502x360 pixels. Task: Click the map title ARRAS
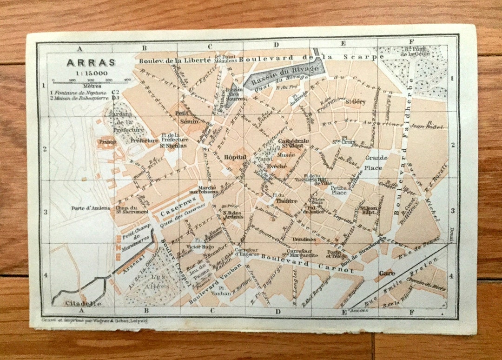[84, 62]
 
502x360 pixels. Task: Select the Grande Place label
[376, 162]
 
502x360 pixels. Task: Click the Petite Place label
[339, 190]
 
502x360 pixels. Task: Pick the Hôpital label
[235, 157]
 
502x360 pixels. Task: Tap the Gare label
[387, 273]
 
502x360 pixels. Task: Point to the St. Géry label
[359, 101]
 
